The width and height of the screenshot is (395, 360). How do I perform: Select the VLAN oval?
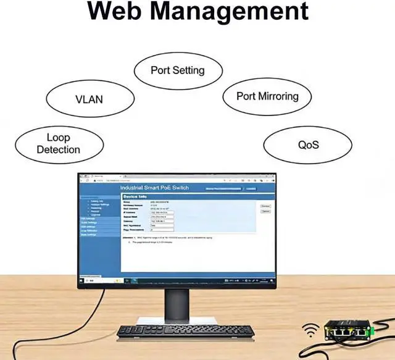89,99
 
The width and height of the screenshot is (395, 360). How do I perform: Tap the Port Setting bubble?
177,70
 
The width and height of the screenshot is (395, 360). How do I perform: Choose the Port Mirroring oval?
267,96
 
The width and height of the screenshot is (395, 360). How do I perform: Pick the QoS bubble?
308,146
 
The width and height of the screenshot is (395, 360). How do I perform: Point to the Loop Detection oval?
58,143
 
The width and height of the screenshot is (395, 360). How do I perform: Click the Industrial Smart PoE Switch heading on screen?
154,188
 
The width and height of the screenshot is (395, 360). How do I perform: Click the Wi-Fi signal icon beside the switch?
311,330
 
